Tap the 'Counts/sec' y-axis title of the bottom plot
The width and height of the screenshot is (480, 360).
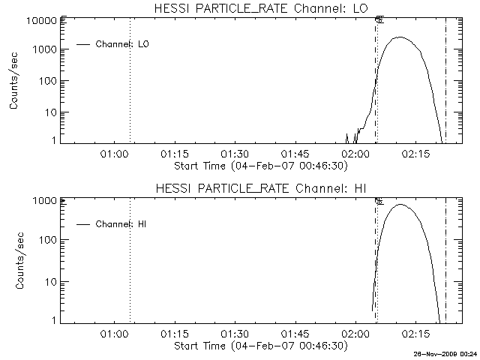click(14, 260)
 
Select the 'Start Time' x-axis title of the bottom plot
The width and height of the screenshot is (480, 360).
click(259, 345)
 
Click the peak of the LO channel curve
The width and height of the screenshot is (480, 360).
click(400, 37)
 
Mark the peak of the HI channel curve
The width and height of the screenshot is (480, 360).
click(400, 204)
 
